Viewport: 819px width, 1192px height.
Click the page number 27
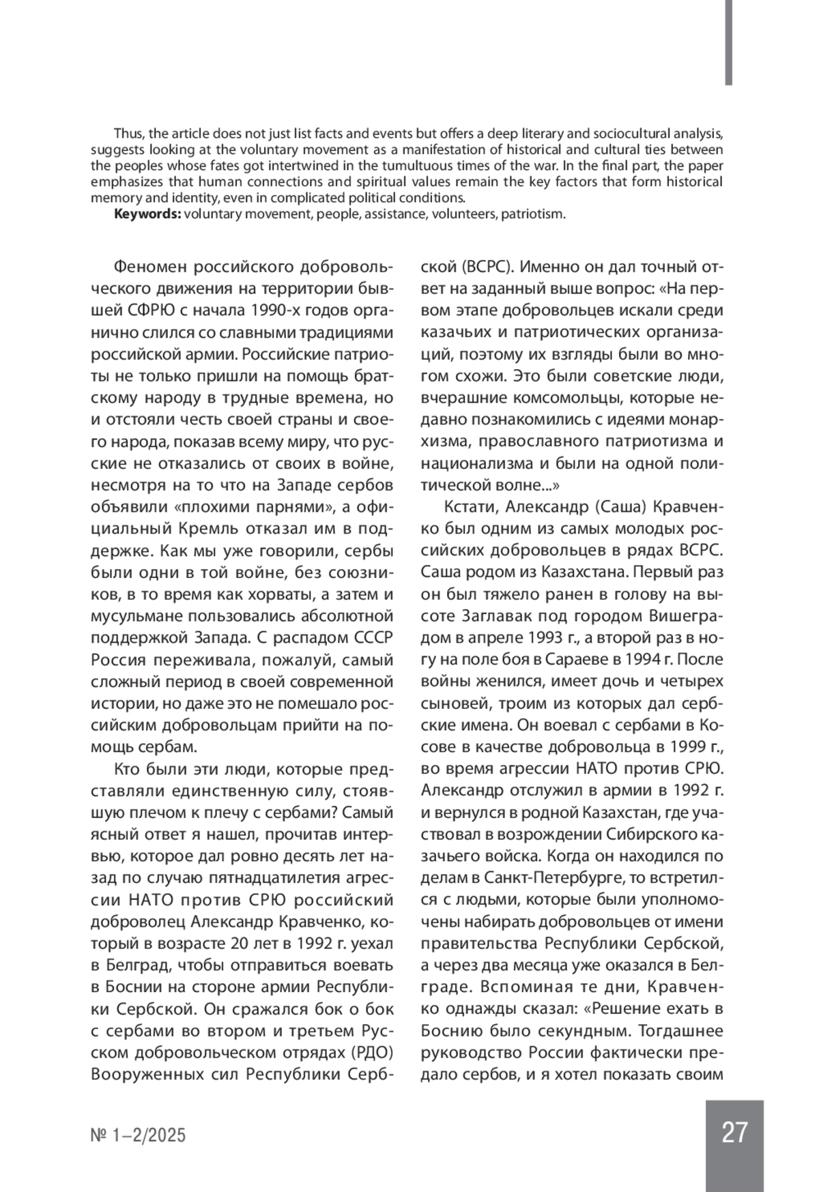click(734, 1132)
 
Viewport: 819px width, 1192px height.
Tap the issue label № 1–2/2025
click(138, 1135)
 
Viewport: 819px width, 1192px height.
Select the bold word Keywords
click(147, 214)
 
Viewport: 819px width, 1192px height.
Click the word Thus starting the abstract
click(127, 132)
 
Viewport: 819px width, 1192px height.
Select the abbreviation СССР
click(371, 638)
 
